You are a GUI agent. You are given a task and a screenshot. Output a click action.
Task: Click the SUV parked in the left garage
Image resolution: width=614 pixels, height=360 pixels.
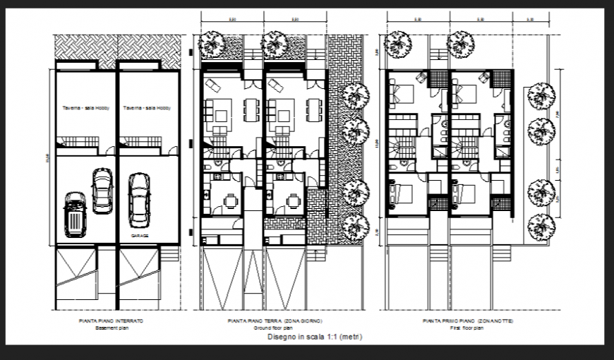pos(73,215)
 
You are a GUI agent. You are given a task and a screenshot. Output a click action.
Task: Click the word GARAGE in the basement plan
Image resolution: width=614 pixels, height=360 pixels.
pos(138,236)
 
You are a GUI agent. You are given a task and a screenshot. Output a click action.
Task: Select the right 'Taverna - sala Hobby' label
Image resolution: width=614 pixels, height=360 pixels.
pos(146,108)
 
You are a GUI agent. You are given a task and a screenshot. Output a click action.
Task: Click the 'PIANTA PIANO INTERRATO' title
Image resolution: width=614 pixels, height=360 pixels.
pos(111,321)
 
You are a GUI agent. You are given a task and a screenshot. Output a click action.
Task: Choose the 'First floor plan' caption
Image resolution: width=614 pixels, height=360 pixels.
pos(468,328)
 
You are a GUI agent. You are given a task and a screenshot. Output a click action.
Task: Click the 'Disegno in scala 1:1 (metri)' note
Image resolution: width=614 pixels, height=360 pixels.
pos(306,337)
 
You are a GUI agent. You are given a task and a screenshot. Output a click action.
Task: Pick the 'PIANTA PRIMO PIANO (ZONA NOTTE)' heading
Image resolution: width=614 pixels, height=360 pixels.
pos(468,321)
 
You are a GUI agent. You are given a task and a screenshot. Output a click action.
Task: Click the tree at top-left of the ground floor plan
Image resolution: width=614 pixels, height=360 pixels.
pos(212,45)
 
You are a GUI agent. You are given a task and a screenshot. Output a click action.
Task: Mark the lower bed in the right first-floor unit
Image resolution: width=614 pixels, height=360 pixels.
pos(465,192)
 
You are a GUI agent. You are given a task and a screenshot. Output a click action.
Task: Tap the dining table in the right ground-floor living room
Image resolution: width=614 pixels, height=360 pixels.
pos(313,109)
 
